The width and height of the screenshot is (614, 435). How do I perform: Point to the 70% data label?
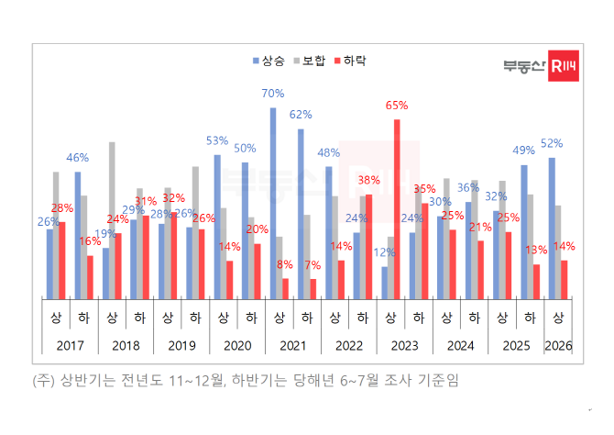(x=272, y=94)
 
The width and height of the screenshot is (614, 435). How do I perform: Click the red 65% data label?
(x=396, y=106)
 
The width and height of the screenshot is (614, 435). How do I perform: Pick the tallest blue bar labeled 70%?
(x=273, y=203)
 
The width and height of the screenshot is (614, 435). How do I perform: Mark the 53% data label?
(x=217, y=140)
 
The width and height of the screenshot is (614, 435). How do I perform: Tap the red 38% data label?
(x=369, y=180)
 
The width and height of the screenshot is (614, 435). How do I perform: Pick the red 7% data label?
(x=313, y=265)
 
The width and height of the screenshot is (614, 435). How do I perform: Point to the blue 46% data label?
(x=78, y=158)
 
